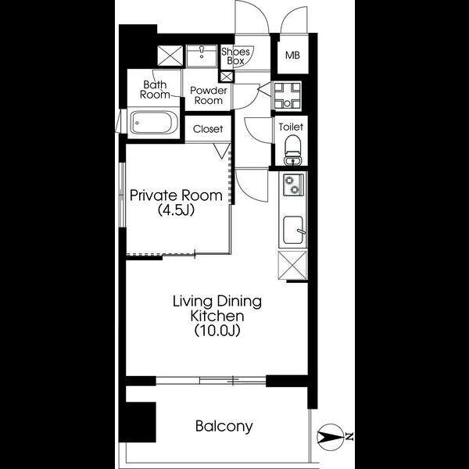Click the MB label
292,55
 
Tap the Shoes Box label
235,56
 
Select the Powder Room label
209,95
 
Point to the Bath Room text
155,89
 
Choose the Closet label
208,129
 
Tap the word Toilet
291,127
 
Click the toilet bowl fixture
292,150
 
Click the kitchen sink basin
293,229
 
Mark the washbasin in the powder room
202,56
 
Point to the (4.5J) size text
176,210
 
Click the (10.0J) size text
217,331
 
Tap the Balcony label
224,426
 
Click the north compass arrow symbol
330,437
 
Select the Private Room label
176,195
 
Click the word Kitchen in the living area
217,316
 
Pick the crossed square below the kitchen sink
292,265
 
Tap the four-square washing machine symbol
287,95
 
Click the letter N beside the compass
349,437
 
